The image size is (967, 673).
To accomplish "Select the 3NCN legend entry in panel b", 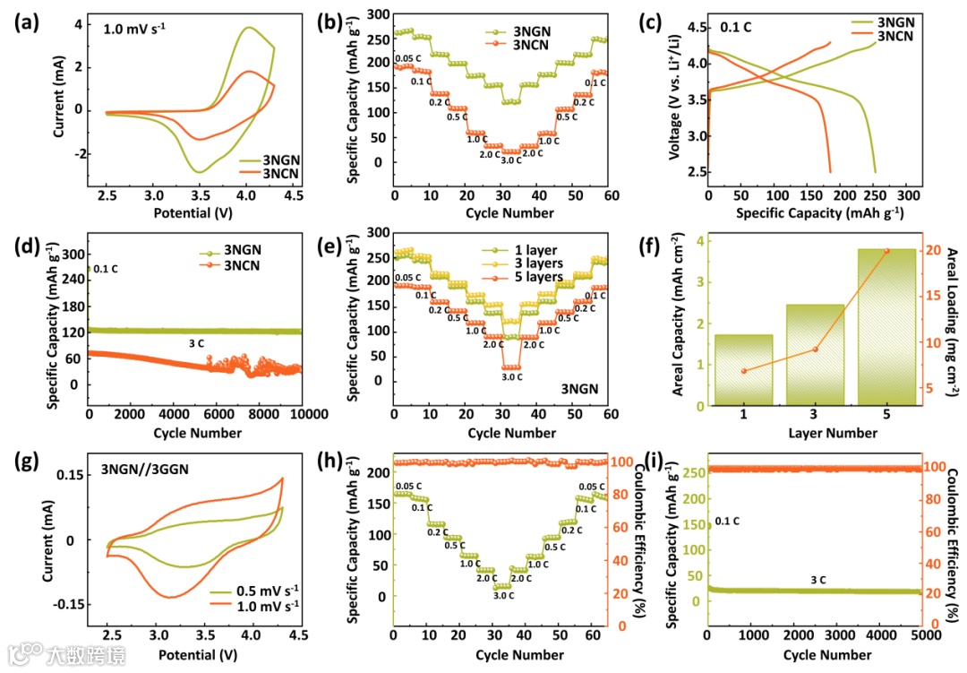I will coord(532,44).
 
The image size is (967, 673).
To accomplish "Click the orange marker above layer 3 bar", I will coord(815,349).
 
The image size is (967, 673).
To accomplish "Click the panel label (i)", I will coord(687,462).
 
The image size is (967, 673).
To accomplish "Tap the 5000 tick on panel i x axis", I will coord(923,638).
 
